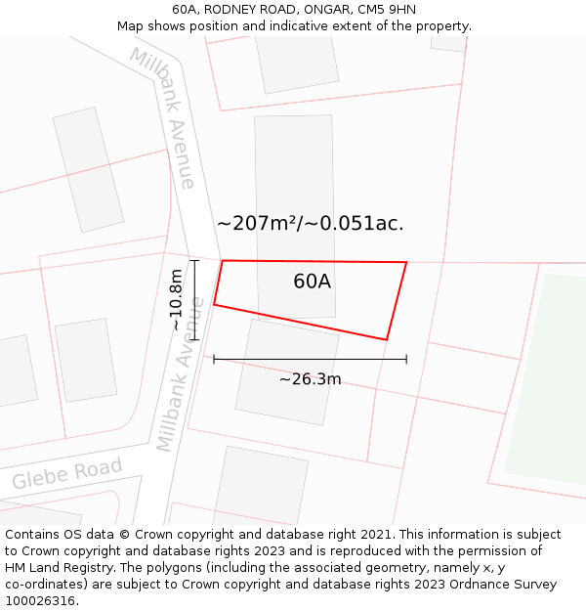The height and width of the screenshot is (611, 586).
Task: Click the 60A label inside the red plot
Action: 312,282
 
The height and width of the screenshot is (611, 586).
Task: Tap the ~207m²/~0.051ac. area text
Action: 310,223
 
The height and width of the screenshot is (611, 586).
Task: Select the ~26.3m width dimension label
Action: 310,379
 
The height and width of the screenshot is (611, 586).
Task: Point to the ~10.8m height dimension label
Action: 176,300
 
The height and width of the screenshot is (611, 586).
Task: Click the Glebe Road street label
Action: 66,473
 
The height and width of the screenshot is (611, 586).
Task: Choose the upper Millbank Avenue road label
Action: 163,117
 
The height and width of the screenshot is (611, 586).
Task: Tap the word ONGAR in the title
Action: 329,10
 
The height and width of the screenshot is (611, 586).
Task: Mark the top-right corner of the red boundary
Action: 405,262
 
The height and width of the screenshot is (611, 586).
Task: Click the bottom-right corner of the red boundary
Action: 387,340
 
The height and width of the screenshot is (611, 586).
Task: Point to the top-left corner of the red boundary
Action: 223,261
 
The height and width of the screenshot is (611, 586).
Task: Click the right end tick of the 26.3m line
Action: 406,359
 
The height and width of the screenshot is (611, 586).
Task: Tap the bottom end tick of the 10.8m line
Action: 194,339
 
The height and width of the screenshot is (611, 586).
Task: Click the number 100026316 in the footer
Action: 37,601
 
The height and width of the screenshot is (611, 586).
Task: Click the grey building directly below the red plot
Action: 286,372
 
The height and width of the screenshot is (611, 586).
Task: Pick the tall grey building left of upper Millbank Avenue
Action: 88,169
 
